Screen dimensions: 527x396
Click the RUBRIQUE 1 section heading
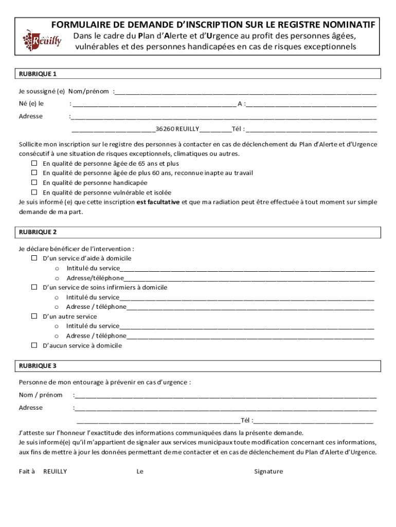tap(38, 74)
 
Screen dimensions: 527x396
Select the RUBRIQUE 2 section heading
tap(38, 233)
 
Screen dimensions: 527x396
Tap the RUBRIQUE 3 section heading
tap(38, 366)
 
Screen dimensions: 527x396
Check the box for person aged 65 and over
tap(34, 163)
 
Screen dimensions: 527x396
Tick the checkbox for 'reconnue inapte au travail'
tap(34, 173)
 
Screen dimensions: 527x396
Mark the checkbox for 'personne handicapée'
tap(34, 183)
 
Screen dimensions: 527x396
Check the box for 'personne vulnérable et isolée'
tap(34, 192)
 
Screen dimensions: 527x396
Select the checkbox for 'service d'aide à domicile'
tap(34, 258)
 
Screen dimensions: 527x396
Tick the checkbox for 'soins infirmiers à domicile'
tap(34, 287)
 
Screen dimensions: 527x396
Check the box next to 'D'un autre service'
tap(34, 317)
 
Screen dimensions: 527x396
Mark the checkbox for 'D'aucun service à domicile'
tap(34, 346)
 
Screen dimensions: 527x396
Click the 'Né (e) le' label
tap(31, 103)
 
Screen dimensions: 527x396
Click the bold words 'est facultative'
tap(158, 202)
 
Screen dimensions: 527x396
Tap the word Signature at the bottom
tap(268, 471)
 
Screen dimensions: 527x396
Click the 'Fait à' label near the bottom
tap(27, 471)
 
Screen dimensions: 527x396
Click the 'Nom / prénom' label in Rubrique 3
tap(41, 395)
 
